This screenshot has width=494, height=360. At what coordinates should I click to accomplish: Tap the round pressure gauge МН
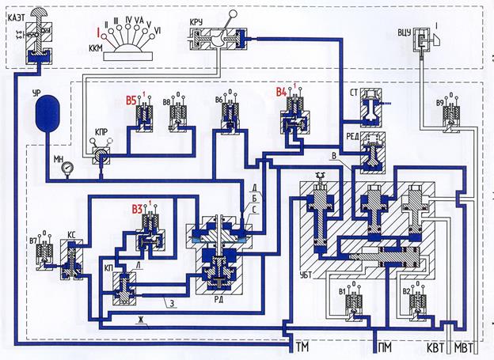coord(70,169)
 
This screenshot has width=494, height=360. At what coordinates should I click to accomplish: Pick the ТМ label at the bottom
coord(302,347)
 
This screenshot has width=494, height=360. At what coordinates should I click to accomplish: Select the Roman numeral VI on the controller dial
coord(158,29)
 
